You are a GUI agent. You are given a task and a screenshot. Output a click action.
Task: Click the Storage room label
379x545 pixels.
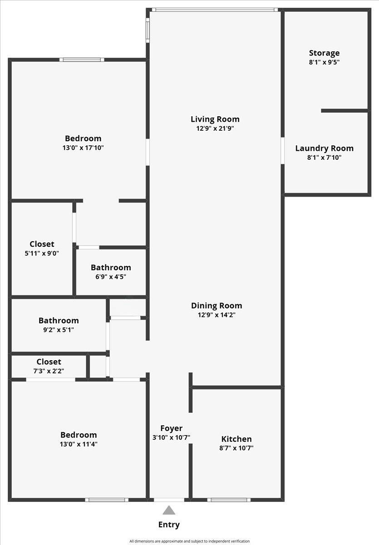(x=324, y=53)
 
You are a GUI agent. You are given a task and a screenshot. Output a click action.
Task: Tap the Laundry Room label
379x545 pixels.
(x=324, y=149)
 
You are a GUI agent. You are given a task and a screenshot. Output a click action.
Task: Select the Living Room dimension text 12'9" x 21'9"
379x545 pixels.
(x=215, y=129)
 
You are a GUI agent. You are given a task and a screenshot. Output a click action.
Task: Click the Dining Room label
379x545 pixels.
(x=217, y=306)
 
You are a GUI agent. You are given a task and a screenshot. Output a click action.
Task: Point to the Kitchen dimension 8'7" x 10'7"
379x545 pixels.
(x=236, y=448)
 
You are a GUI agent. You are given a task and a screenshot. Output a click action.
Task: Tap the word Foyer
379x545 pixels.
(x=172, y=428)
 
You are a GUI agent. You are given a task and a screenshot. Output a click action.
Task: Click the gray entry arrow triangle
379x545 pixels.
(x=169, y=510)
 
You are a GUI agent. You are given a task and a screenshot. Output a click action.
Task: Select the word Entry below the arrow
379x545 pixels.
(x=169, y=525)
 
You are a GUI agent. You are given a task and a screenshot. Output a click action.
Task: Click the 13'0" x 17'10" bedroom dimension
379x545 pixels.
(x=83, y=148)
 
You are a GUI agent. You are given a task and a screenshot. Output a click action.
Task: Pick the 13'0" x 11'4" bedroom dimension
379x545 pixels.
(x=78, y=444)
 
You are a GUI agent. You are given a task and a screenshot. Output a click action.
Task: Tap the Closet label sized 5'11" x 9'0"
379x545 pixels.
(x=42, y=244)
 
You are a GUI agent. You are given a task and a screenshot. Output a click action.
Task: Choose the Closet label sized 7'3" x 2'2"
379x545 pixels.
(x=49, y=362)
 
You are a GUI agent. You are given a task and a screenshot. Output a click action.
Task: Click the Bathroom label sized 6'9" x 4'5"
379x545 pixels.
(x=111, y=268)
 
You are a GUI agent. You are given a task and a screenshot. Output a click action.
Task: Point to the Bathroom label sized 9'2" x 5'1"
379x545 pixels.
(x=59, y=321)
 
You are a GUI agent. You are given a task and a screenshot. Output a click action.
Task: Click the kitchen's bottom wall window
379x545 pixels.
(x=229, y=500)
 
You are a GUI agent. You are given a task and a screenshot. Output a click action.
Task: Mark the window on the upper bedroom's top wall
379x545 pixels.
(x=82, y=59)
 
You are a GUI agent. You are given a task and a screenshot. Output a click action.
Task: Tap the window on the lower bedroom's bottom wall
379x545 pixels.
(x=107, y=500)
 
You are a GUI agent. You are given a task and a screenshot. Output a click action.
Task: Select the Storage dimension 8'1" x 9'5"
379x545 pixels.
(x=324, y=62)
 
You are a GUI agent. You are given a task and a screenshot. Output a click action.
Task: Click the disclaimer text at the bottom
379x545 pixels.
(x=189, y=541)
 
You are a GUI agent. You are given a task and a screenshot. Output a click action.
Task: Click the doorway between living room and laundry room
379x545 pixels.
(x=282, y=150)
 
